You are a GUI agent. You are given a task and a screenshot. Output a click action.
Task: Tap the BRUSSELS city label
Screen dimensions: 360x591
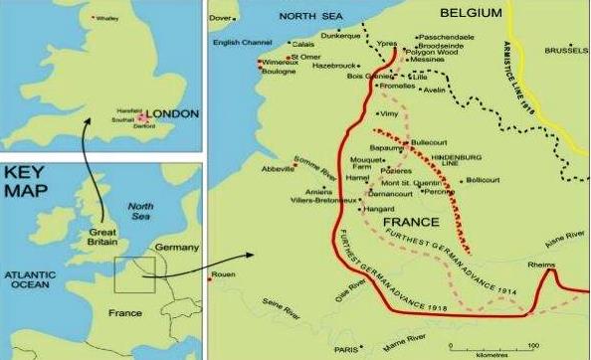566,51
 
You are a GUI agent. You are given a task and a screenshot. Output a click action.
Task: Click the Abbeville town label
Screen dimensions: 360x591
278,169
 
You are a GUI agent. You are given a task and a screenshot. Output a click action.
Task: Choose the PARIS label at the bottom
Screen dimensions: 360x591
346,349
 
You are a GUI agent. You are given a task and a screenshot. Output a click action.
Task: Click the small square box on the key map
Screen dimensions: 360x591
133,274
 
